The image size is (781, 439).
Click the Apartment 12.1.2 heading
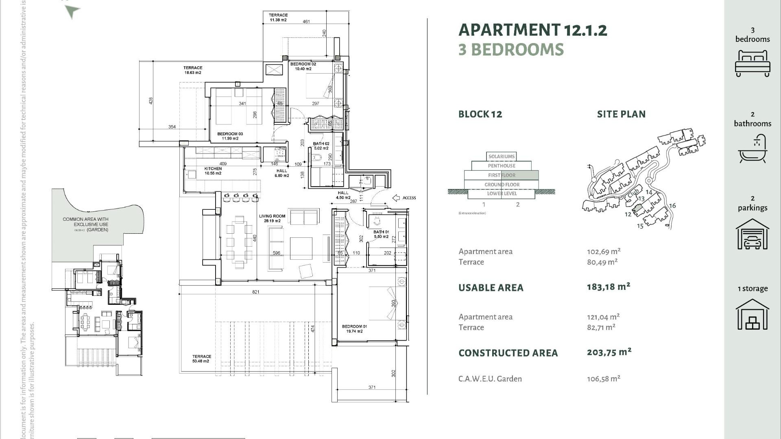coord(532,30)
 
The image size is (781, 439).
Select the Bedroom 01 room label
coord(354,328)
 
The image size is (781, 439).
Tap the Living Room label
coord(272,218)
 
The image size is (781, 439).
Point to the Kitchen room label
coord(213,171)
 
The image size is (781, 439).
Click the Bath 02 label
coord(321,146)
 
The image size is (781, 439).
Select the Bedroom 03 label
coord(230,136)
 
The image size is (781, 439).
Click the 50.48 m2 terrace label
coord(201,359)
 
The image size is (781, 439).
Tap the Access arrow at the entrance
coord(397,198)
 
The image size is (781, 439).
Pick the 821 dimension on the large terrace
coord(255,292)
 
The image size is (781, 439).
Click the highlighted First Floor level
coord(502,175)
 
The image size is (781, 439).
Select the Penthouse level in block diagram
coord(502,166)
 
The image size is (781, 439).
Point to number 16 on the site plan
coord(672,206)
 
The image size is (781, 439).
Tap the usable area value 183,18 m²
coord(608,287)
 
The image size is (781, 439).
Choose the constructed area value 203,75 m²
coord(609,352)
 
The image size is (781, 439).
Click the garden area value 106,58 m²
coord(603,379)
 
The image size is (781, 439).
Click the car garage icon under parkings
coord(753,235)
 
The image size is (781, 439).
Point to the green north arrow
coord(72,12)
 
